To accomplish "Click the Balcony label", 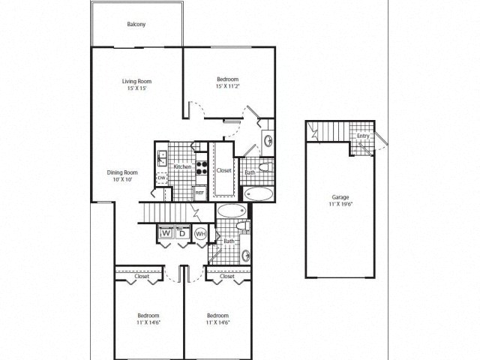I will (136, 25).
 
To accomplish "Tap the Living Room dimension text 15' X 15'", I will (137, 88).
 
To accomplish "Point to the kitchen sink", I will (162, 158).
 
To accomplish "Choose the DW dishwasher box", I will (160, 178).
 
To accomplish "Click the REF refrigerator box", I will (199, 192).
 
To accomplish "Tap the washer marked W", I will (166, 234).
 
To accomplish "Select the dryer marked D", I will (181, 234).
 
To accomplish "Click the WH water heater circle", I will (200, 234).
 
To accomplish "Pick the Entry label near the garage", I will (363, 136).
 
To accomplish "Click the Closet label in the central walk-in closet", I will (224, 170).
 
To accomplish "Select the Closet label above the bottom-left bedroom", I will (141, 276).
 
